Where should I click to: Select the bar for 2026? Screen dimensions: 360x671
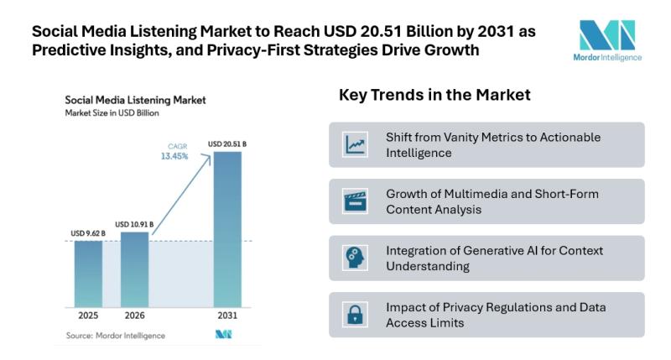(x=135, y=271)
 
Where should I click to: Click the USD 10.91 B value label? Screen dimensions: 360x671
(x=135, y=224)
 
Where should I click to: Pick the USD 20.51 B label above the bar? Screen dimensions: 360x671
(x=228, y=143)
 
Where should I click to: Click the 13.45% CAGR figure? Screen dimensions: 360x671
(x=174, y=156)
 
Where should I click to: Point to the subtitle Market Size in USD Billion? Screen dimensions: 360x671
(x=112, y=113)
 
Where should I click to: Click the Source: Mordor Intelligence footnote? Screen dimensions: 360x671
(x=115, y=336)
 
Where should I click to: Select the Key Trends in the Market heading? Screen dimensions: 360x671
(x=434, y=95)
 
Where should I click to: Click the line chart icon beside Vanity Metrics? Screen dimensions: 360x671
(x=356, y=144)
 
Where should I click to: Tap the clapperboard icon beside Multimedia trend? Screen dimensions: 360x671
(x=356, y=201)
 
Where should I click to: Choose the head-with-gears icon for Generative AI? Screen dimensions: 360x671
(x=356, y=258)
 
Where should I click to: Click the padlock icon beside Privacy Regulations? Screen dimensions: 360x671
(x=356, y=315)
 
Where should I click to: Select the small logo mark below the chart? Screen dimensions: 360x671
(x=223, y=336)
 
